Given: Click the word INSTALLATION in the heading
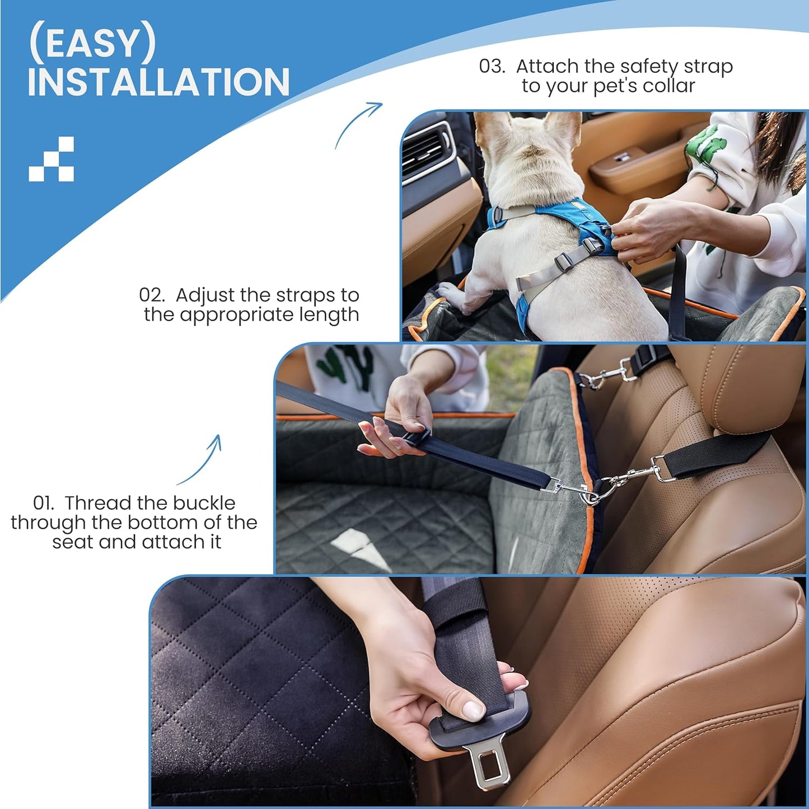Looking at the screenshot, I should (158, 82).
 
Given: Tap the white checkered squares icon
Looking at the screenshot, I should (52, 159).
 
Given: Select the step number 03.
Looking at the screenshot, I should (492, 66).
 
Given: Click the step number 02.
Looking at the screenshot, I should (152, 295).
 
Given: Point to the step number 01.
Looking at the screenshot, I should (44, 502).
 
